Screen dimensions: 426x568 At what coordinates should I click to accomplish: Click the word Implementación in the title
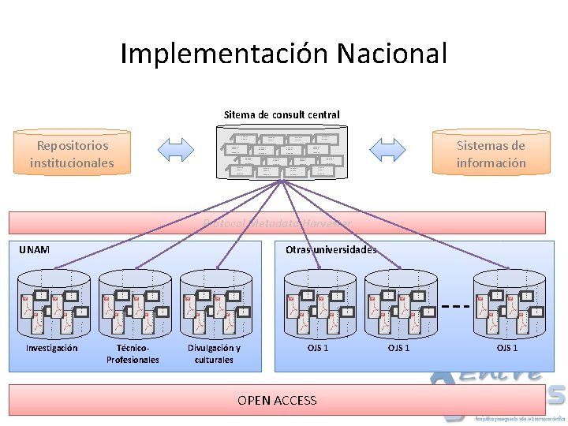click(x=225, y=54)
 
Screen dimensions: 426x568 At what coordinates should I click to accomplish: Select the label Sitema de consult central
click(x=282, y=114)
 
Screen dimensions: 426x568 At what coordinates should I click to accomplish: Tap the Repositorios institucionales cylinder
click(x=72, y=154)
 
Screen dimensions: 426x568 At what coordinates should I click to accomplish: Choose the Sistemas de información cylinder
click(x=490, y=154)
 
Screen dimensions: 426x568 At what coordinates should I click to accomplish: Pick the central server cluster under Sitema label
click(x=281, y=155)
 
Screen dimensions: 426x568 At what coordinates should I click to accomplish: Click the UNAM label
click(x=34, y=249)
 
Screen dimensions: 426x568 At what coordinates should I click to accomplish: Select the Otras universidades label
click(x=331, y=249)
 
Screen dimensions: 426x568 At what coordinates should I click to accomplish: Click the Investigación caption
click(x=51, y=348)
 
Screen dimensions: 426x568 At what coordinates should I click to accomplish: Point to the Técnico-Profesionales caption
click(x=133, y=353)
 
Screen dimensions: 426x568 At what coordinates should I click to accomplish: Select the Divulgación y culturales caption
click(x=214, y=353)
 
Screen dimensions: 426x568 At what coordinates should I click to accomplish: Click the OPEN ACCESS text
click(x=277, y=400)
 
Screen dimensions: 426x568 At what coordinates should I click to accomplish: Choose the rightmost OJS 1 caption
click(x=506, y=348)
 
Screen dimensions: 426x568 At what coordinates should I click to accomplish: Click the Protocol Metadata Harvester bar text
click(x=277, y=223)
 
